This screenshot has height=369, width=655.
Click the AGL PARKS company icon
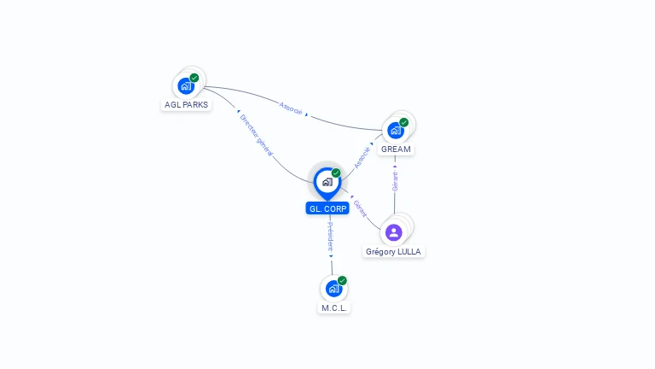click(185, 85)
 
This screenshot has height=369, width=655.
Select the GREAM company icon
click(395, 130)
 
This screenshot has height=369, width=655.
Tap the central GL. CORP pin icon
click(327, 182)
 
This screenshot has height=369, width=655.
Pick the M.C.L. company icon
click(333, 289)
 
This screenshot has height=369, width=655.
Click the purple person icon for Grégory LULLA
click(393, 231)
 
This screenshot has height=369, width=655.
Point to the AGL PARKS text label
click(185, 105)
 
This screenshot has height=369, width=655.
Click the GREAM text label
click(396, 149)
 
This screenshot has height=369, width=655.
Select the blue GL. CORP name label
click(327, 208)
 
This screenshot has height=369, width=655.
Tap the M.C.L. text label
click(334, 307)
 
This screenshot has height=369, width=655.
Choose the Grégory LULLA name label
click(393, 252)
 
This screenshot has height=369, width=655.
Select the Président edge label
click(331, 237)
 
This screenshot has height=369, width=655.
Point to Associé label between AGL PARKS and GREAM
click(291, 108)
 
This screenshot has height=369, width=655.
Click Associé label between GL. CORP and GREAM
click(362, 157)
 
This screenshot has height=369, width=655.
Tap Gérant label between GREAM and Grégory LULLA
click(395, 180)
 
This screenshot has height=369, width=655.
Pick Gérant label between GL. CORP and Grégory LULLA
click(360, 209)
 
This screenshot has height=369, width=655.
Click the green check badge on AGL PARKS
click(194, 78)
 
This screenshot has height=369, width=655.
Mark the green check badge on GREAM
click(404, 122)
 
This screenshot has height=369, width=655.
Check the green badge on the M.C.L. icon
click(342, 280)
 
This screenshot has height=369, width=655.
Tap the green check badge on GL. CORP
click(336, 173)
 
